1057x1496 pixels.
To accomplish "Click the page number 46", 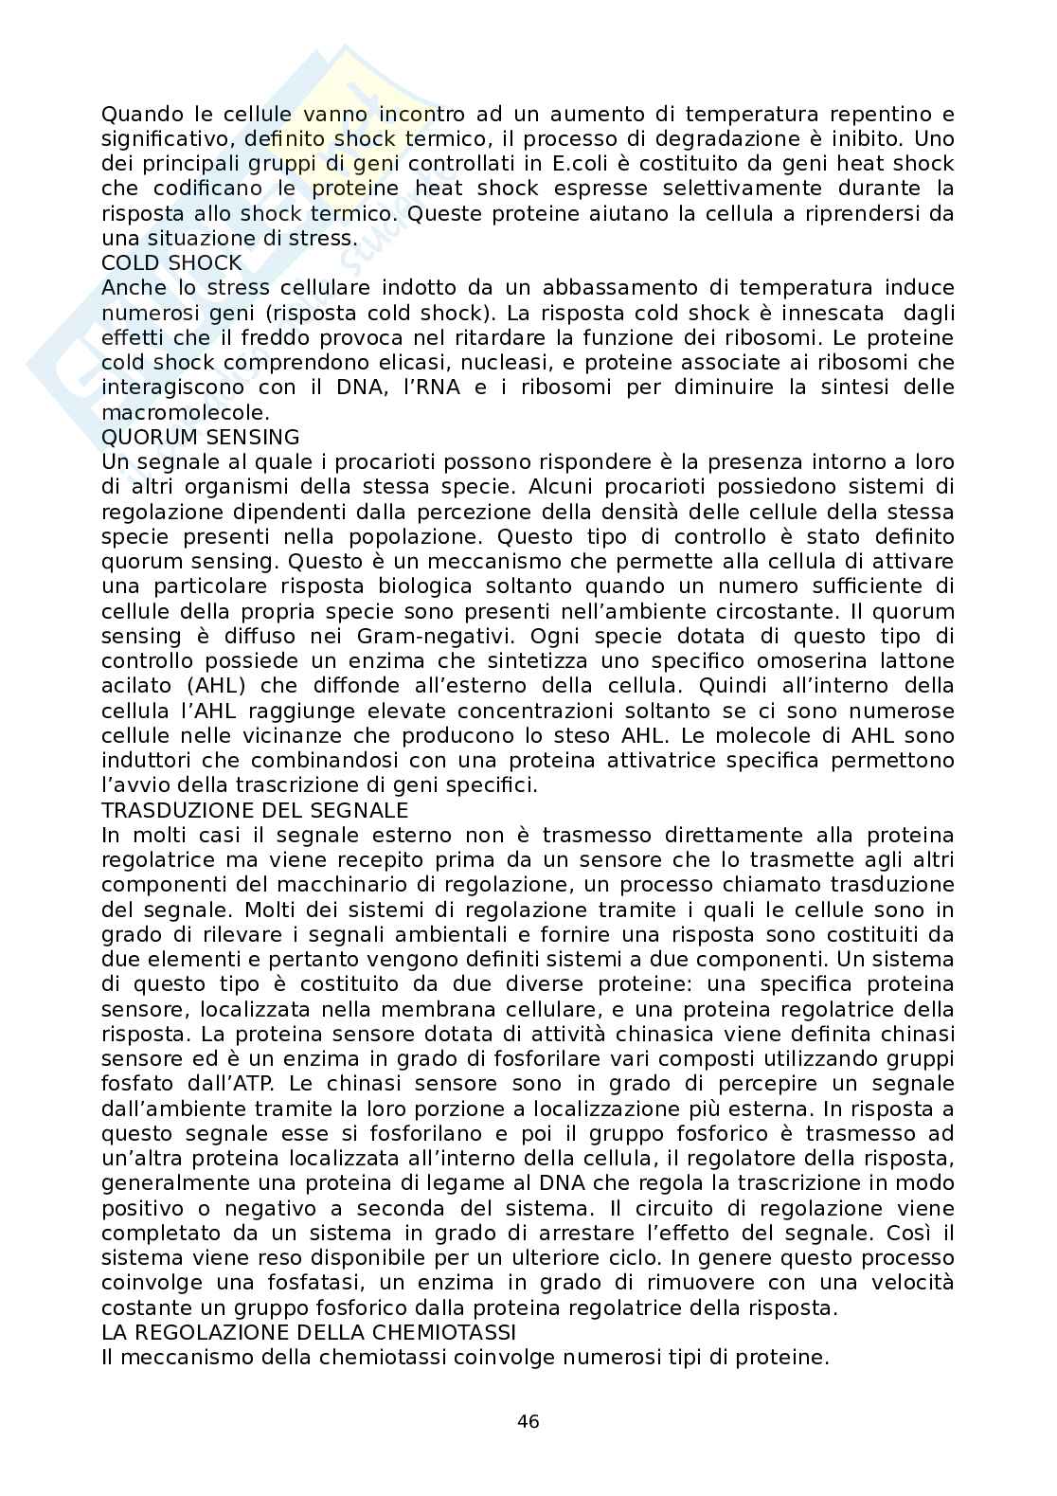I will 528,1421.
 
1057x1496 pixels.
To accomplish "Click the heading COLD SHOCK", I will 171,262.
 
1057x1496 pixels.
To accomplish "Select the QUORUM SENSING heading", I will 200,437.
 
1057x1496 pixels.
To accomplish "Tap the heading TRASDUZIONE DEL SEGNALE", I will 255,810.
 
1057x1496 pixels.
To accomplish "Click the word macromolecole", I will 186,412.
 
